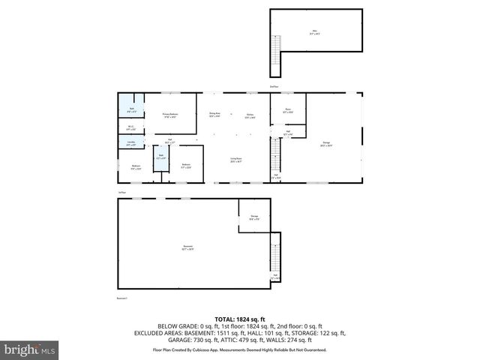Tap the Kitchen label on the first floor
click(x=250, y=115)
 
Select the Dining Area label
click(x=214, y=115)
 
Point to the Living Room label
click(x=235, y=159)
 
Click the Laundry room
click(x=131, y=143)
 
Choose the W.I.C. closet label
click(x=131, y=127)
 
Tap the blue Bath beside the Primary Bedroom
click(x=132, y=109)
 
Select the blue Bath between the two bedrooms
click(x=160, y=157)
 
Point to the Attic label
click(x=314, y=32)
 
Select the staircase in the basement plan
click(x=274, y=259)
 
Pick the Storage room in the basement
click(x=254, y=217)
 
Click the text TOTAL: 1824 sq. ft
click(x=239, y=319)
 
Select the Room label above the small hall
click(x=288, y=110)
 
